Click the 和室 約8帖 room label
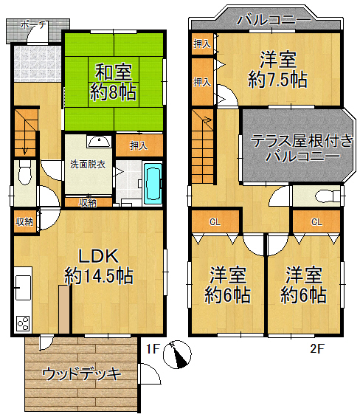pos(112,82)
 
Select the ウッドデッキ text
pos(81,373)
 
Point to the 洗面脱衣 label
pos(88,164)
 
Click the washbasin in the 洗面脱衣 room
pos(98,142)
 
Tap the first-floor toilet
pos(24,176)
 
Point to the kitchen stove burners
pos(22,323)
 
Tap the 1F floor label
pos(153,347)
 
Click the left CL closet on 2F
pos(214,221)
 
